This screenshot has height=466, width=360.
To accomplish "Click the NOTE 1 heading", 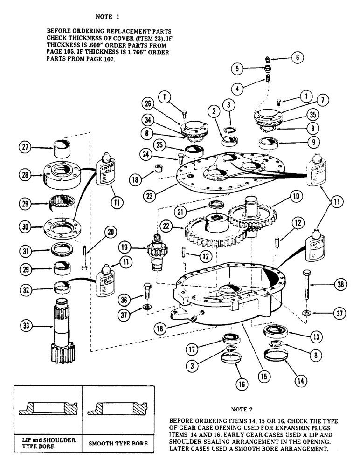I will coord(107,17).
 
